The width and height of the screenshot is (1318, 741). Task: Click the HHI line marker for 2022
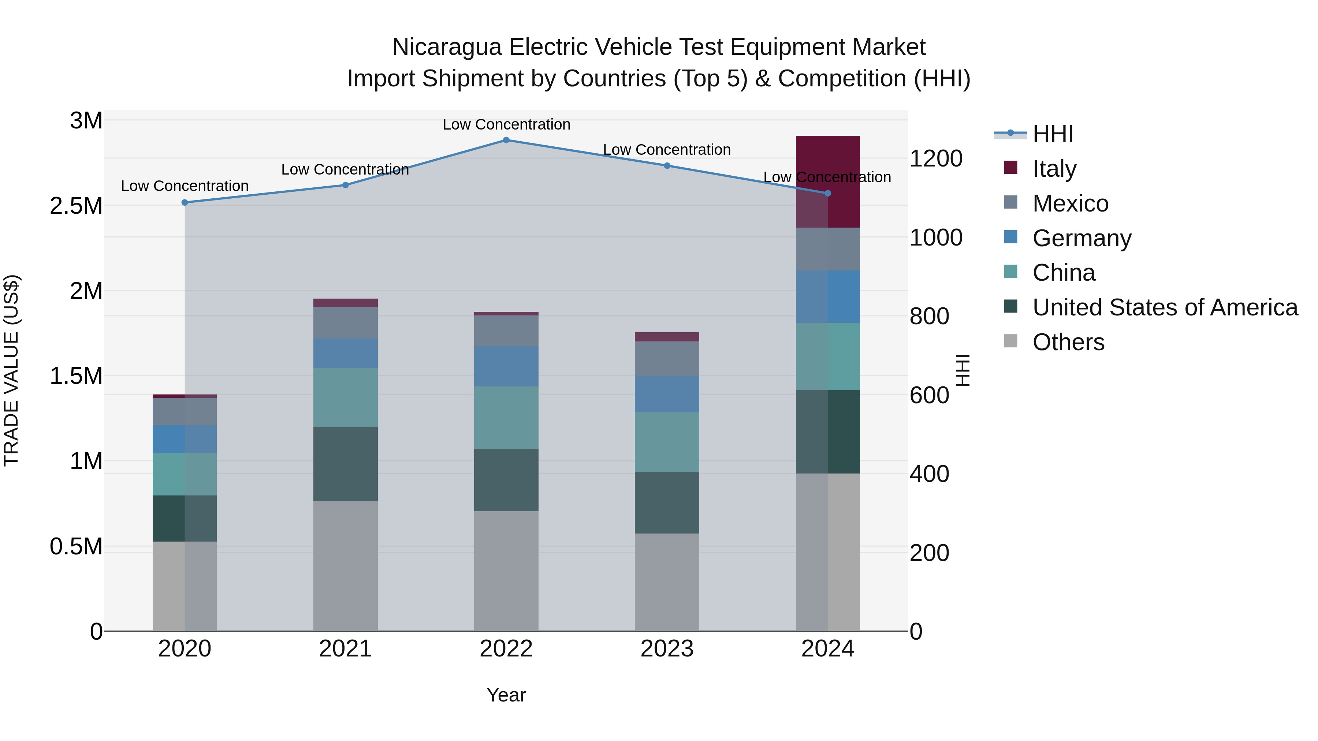click(x=506, y=140)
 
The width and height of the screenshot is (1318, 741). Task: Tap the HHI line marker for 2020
click(x=185, y=202)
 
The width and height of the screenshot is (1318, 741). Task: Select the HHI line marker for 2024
click(x=828, y=193)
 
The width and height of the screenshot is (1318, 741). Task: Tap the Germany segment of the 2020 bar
click(x=185, y=439)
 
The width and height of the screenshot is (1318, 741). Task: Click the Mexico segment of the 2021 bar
click(x=345, y=323)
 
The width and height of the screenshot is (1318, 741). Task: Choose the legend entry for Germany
click(x=1081, y=238)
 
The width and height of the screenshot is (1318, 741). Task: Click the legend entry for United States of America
click(x=1165, y=307)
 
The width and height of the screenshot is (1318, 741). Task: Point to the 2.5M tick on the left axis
click(x=76, y=206)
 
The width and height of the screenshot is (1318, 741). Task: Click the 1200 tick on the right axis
click(x=935, y=158)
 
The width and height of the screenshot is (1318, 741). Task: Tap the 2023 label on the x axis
click(x=667, y=649)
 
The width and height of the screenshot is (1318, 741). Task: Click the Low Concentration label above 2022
click(x=506, y=124)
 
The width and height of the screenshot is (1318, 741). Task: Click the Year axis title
click(x=506, y=695)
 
